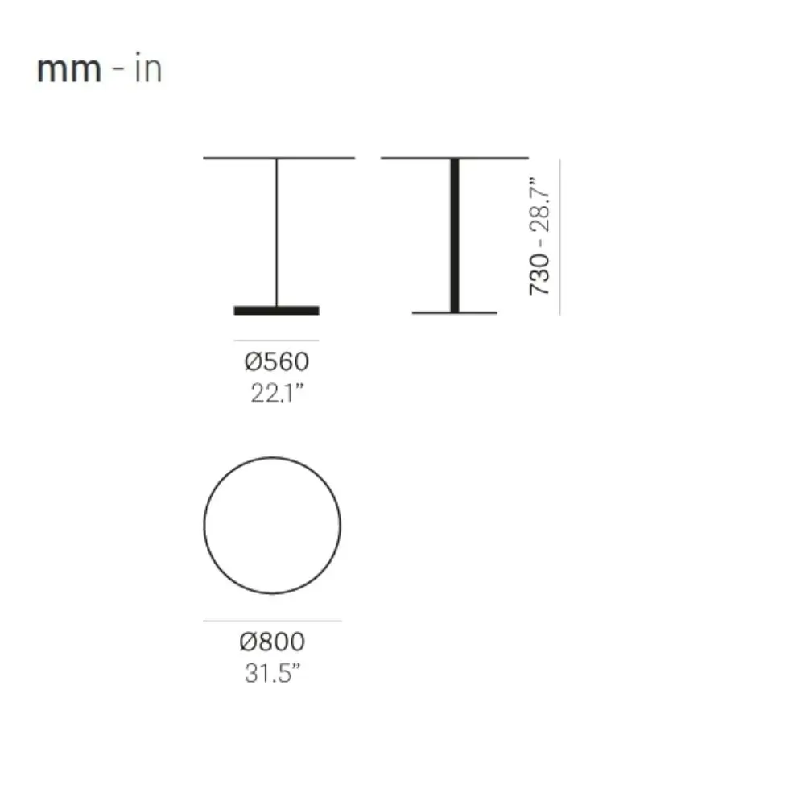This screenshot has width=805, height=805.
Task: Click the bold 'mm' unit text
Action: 69,70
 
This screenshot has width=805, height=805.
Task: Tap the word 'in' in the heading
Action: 148,68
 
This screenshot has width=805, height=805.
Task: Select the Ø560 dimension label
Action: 277,361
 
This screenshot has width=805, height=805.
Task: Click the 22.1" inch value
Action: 277,393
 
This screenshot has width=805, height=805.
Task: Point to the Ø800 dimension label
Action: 273,642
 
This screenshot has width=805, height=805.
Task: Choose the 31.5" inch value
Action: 272,673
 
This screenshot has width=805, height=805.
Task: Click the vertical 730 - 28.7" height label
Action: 539,236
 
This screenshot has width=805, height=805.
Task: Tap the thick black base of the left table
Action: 277,310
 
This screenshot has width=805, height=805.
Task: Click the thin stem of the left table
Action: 277,232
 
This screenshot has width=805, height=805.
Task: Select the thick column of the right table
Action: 455,235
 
